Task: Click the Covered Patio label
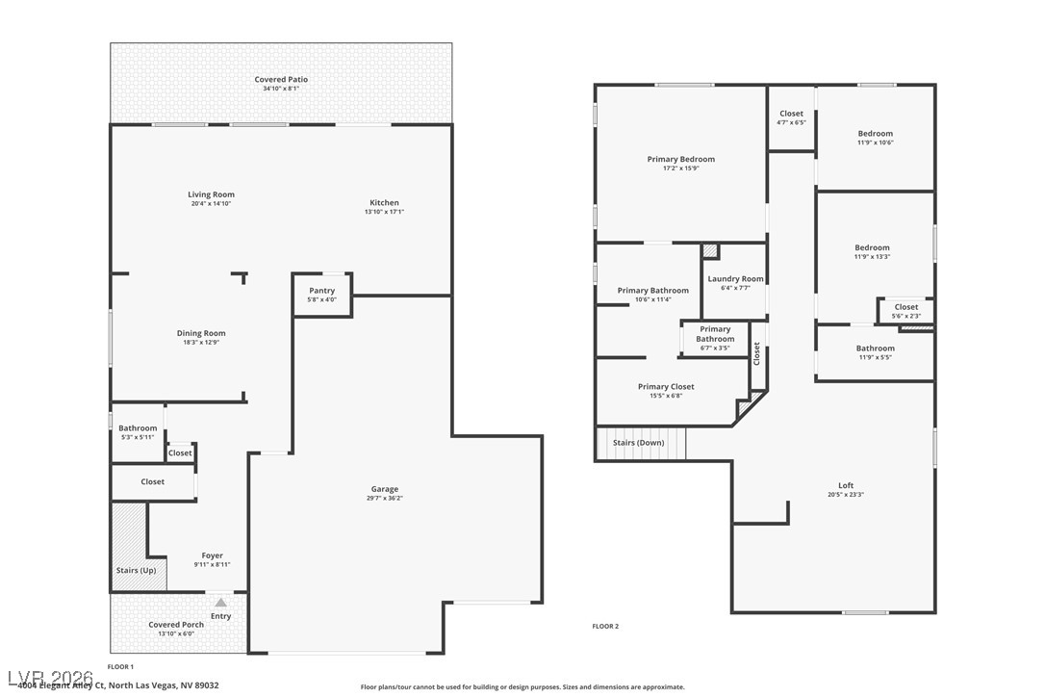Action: click(x=281, y=79)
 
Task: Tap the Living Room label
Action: click(x=211, y=194)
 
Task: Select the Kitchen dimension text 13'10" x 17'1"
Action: click(x=384, y=212)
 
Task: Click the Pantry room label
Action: click(x=321, y=291)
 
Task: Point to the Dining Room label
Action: click(x=201, y=333)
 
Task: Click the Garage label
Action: click(x=385, y=489)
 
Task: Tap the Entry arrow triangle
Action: click(x=220, y=603)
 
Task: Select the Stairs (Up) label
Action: click(x=136, y=570)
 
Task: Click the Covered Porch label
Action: click(x=176, y=625)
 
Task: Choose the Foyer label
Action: click(x=212, y=555)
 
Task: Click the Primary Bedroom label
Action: click(x=680, y=159)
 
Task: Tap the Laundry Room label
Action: click(x=735, y=279)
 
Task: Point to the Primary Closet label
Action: click(x=666, y=387)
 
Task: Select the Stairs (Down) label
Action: click(x=639, y=443)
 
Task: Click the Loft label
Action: click(x=846, y=485)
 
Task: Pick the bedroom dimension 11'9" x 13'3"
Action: click(x=873, y=256)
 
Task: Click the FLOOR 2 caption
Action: click(x=605, y=626)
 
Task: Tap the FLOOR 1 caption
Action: click(x=120, y=666)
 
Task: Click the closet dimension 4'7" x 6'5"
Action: click(x=791, y=122)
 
